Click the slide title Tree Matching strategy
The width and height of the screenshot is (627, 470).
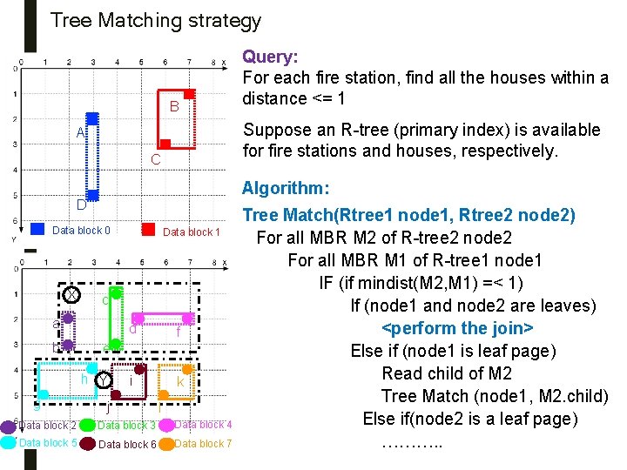pos(155,20)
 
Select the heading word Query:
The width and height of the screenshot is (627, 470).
pos(270,57)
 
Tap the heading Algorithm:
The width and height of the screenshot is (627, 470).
pos(286,189)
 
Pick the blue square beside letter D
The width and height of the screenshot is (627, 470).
pos(92,196)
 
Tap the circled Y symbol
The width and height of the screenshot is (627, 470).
pos(104,380)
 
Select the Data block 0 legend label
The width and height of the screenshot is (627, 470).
pos(81,231)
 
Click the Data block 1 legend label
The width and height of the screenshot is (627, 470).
pos(192,232)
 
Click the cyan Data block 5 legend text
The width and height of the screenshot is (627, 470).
pos(47,443)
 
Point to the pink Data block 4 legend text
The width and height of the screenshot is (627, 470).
pos(203,425)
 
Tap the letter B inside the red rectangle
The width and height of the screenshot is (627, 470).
pos(174,107)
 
